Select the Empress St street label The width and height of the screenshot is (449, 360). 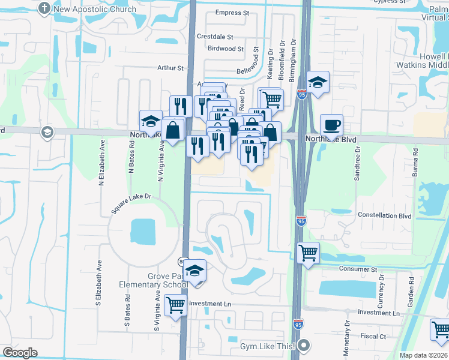tap(232, 13)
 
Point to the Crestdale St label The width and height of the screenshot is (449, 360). tap(215, 37)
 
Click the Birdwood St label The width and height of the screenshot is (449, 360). tap(226, 49)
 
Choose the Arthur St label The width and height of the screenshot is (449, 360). tap(170, 68)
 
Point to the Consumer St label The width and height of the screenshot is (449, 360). tap(357, 270)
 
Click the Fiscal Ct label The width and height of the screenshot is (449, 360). tap(373, 336)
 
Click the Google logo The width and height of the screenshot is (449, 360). tap(20, 352)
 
